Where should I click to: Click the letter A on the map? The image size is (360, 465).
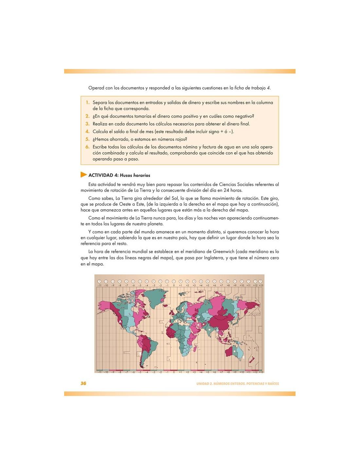(120, 322)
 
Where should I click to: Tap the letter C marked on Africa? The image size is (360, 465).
(187, 328)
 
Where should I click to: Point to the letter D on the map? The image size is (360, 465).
(198, 317)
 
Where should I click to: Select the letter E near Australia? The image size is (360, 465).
(243, 358)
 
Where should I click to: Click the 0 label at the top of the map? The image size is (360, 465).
(174, 285)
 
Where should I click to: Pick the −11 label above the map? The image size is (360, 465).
(99, 285)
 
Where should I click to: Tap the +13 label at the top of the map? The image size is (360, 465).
(261, 285)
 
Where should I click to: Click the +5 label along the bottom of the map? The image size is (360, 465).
(207, 372)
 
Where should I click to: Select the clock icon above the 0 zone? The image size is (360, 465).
(174, 281)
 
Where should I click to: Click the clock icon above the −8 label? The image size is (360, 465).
(119, 281)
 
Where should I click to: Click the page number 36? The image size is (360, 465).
(83, 383)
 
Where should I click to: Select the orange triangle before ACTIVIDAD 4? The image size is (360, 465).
(84, 175)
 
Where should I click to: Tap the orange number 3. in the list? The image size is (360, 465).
(87, 124)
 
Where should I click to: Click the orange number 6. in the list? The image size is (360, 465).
(87, 147)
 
